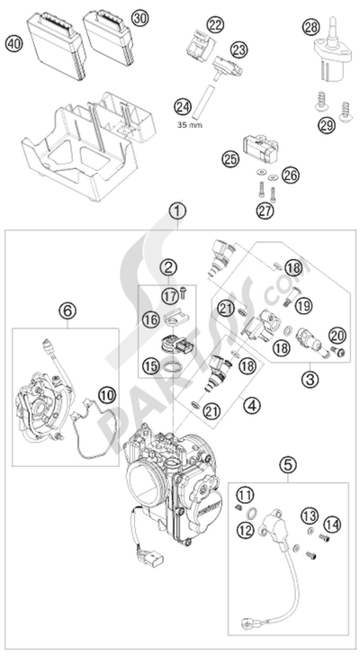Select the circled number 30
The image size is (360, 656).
137,18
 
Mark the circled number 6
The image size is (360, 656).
67,310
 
